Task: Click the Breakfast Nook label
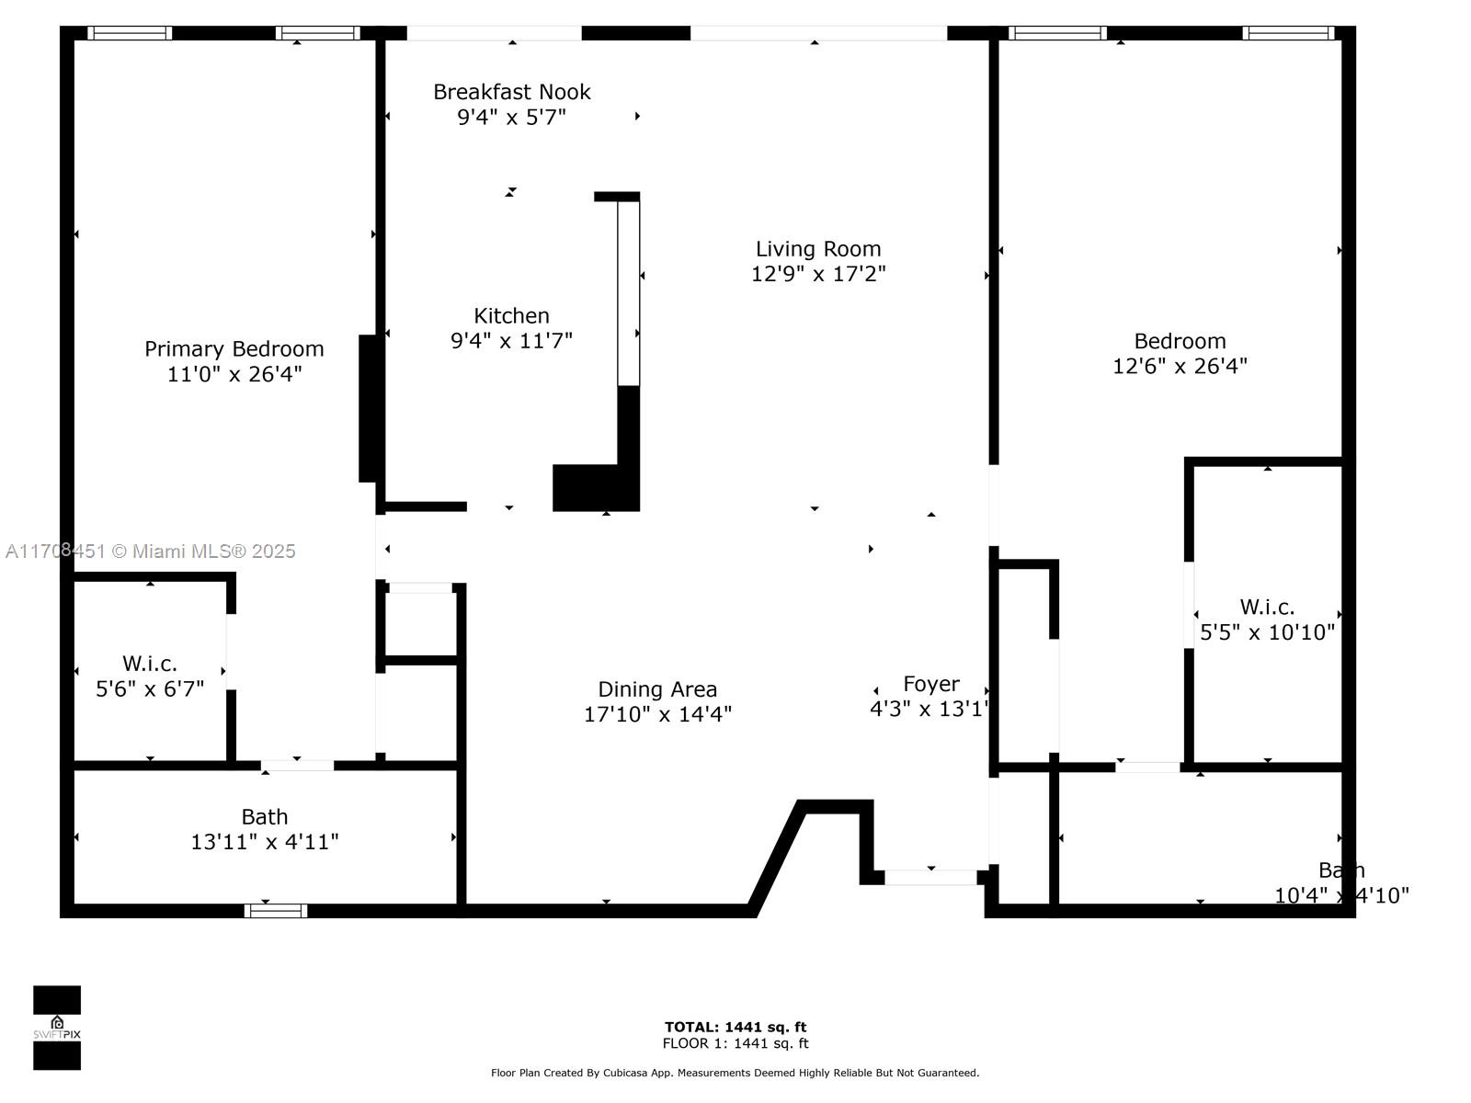511,92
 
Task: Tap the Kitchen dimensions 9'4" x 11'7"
511,341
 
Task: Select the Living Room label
818,249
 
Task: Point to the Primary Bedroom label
234,349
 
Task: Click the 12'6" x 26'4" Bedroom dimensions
1180,366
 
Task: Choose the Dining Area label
657,689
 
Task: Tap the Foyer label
930,684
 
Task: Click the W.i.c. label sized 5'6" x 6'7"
150,664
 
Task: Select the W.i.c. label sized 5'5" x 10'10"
1267,607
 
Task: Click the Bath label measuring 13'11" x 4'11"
265,817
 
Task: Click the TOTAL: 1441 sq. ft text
735,1027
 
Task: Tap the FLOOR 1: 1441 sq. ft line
735,1043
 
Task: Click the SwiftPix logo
57,1028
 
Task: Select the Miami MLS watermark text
151,551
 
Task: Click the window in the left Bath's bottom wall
276,911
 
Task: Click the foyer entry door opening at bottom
930,878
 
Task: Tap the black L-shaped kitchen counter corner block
595,488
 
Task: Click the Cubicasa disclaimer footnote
735,1073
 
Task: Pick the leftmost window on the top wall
130,33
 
